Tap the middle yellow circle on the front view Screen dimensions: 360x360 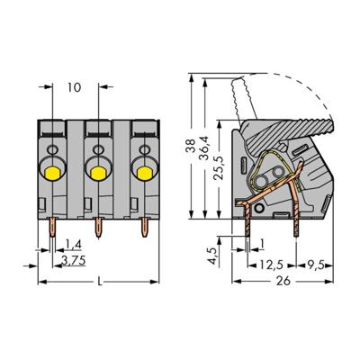click(x=97, y=169)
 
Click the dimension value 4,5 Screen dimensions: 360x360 click(x=237, y=256)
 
